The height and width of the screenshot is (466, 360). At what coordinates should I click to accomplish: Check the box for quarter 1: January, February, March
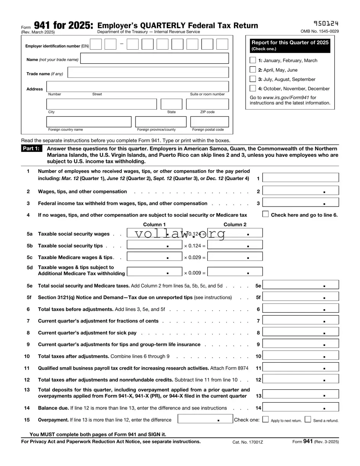click(x=253, y=60)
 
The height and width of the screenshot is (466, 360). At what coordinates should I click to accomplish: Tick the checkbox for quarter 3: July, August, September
click(x=253, y=79)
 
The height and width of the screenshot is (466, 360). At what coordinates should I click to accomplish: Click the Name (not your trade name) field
click(x=155, y=58)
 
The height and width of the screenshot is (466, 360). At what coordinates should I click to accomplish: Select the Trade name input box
click(x=148, y=73)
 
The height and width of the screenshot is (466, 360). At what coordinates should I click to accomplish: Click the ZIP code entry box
click(x=207, y=104)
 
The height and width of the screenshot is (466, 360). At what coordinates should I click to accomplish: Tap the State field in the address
click(x=171, y=104)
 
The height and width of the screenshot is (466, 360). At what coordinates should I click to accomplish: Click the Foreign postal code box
click(x=210, y=122)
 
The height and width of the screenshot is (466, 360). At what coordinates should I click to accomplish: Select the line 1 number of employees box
click(x=301, y=177)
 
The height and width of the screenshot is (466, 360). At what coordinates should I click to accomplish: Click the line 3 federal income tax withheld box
click(x=301, y=202)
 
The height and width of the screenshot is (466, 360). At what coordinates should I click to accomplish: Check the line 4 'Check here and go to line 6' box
click(x=265, y=214)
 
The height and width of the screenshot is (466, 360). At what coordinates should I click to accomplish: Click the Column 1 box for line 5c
click(x=154, y=256)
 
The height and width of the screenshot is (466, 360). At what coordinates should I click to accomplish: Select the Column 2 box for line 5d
click(x=235, y=272)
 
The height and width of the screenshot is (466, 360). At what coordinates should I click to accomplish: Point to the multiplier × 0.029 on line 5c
click(x=194, y=258)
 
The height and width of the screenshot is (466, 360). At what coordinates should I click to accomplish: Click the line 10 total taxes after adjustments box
click(x=301, y=356)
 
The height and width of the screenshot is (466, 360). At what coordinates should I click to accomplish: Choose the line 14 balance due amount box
click(x=301, y=407)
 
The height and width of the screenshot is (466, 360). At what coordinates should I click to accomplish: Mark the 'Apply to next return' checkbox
click(x=266, y=419)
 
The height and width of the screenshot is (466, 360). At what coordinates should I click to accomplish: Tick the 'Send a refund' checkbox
click(x=308, y=419)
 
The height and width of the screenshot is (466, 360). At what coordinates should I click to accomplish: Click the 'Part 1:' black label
click(x=31, y=149)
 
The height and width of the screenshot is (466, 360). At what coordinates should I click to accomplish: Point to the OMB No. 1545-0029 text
click(x=320, y=31)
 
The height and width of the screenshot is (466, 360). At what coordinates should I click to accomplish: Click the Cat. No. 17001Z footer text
click(x=248, y=442)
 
